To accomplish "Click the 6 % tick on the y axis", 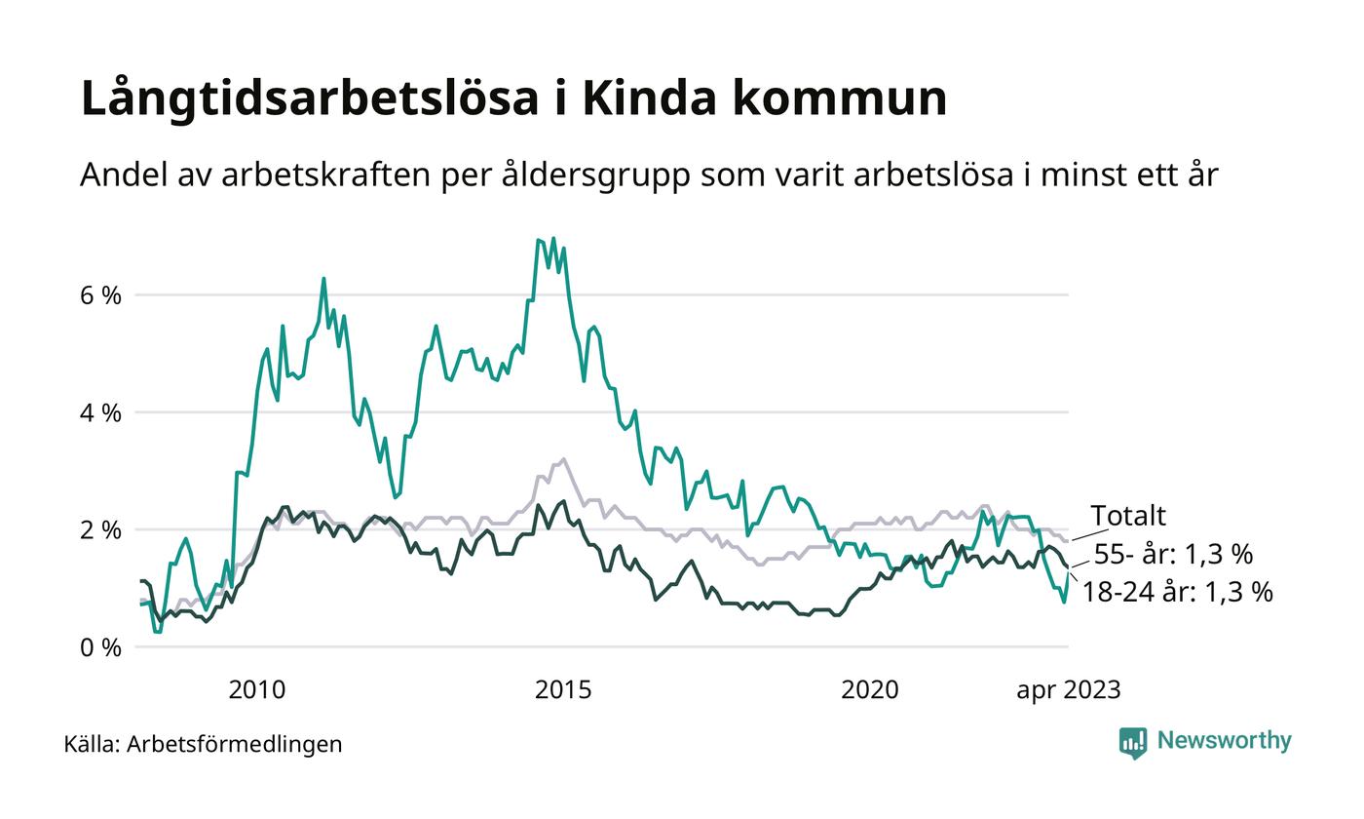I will pos(100,295).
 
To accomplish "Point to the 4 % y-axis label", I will pos(100,412).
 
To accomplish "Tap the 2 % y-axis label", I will pos(100,530).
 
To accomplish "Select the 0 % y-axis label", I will pos(100,647).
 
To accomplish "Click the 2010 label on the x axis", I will pos(257,690).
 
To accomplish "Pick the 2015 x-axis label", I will pos(563,690).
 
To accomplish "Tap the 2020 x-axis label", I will pos(870,690).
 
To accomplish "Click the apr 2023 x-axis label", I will pos(1069,690).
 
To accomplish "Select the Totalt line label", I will pos(1127,515).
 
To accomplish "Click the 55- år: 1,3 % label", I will pos(1173,554).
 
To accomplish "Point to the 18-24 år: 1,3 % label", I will pos(1178,591).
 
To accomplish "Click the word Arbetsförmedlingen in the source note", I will pos(235,744).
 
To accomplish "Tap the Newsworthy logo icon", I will pos(1133,742).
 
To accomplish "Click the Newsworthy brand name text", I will pos(1224,741).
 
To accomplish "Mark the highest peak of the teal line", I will pos(553,238).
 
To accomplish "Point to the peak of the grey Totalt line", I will pos(563,458).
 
